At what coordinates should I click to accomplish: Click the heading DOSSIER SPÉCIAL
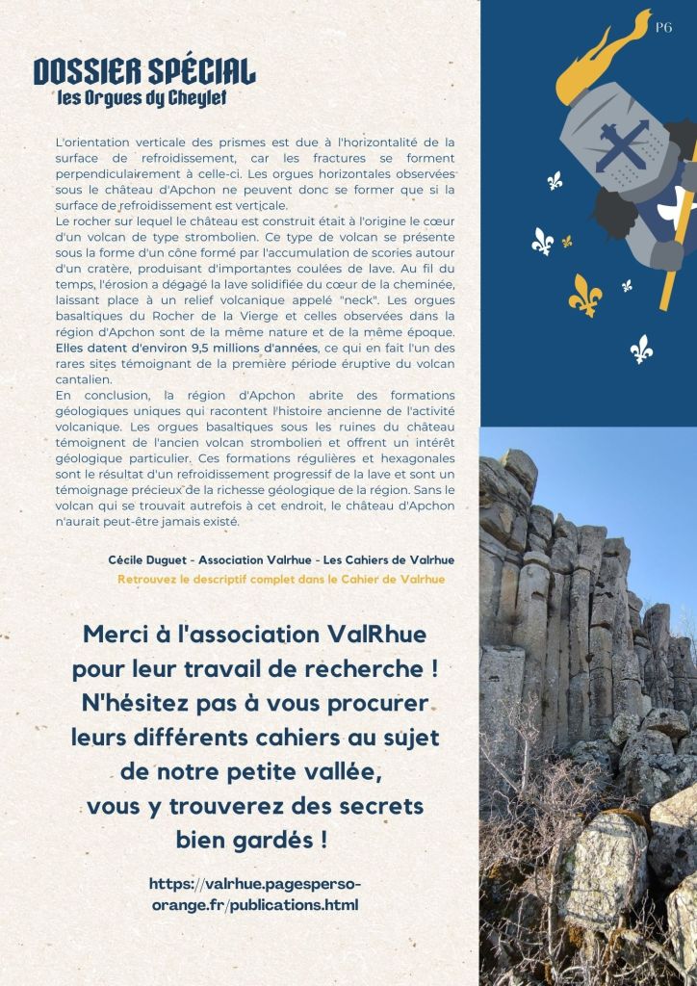[144, 72]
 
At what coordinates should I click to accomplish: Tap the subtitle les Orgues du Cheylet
[142, 98]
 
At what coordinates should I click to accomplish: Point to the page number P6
[663, 28]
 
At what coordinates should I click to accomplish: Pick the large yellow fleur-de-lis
[584, 294]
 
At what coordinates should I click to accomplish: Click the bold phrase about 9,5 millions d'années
[187, 347]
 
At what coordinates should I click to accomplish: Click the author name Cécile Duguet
[147, 560]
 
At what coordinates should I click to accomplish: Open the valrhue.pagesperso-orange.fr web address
[255, 895]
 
